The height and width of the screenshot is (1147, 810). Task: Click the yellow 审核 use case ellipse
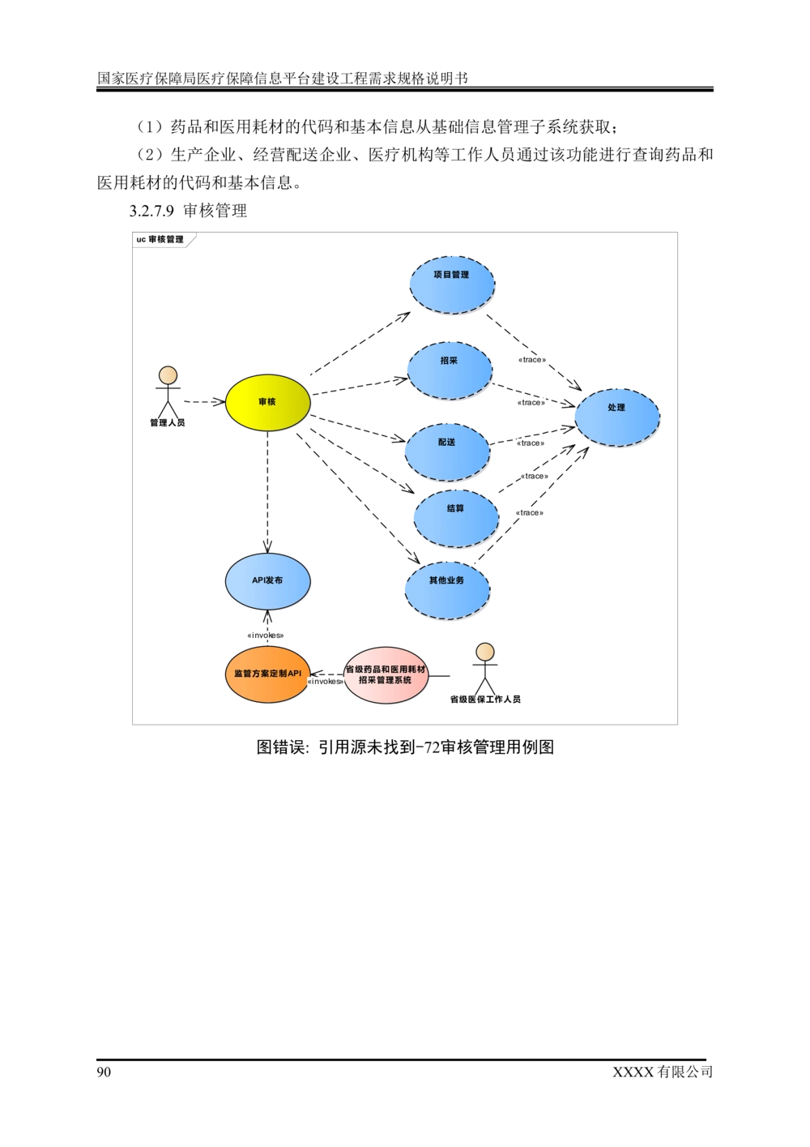tap(267, 402)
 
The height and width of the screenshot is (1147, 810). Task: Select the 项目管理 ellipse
tap(452, 285)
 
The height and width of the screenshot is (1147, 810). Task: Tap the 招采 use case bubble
tap(450, 370)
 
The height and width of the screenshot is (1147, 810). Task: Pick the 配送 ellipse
tap(447, 452)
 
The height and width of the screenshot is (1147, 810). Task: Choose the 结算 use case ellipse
tap(456, 519)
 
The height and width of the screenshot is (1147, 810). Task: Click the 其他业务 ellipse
tap(447, 590)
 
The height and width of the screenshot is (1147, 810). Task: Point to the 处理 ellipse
tap(617, 417)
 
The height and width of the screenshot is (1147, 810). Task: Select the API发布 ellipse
tap(267, 581)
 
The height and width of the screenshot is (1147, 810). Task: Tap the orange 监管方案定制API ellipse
tap(267, 674)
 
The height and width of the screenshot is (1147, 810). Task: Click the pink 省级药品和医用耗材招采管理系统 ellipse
tap(386, 675)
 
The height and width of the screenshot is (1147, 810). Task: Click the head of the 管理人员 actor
tap(168, 375)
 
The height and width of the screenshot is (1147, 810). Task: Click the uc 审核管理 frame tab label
tap(160, 240)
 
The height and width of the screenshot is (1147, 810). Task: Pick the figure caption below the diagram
tap(405, 747)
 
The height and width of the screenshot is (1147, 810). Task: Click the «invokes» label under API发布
tap(266, 636)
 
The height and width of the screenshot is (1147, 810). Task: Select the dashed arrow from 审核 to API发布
tap(267, 492)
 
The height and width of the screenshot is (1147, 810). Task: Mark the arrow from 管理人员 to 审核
tap(205, 402)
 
